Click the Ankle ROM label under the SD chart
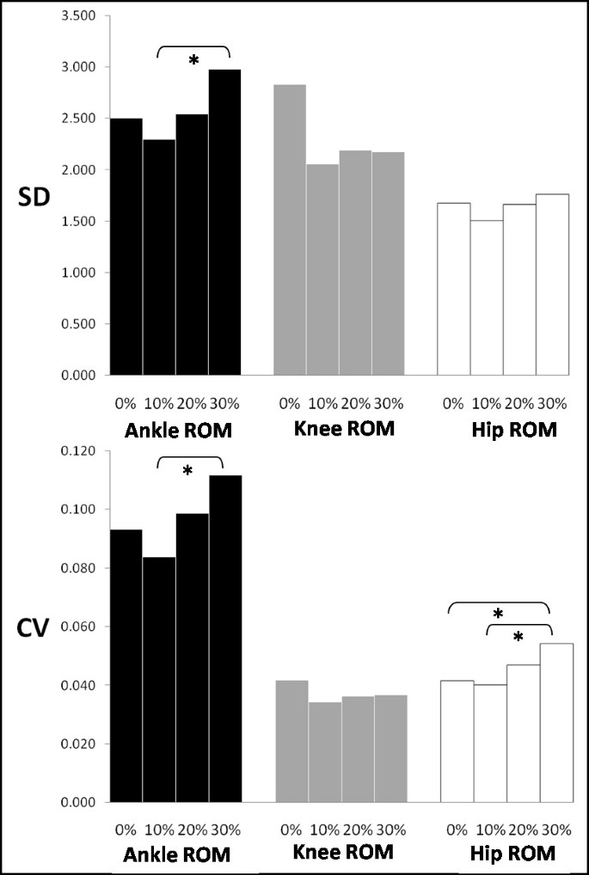point(175,429)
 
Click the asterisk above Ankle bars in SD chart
point(193,61)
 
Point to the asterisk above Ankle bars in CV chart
point(188,471)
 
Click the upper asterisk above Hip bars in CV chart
point(498,615)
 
